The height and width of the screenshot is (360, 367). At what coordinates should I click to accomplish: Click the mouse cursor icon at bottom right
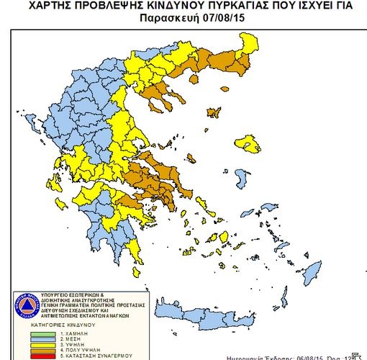click(355, 356)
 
